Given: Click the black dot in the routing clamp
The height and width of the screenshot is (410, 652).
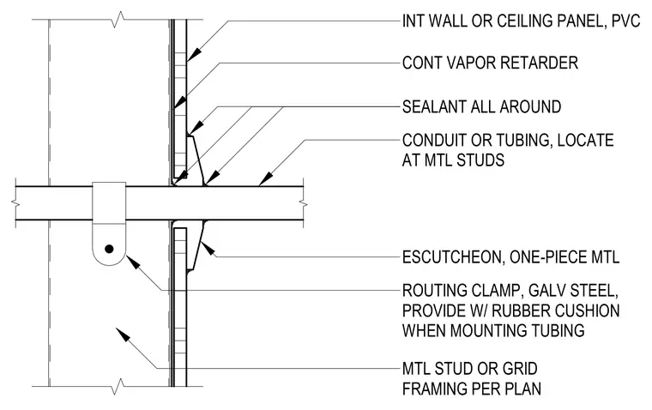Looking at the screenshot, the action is (109, 249).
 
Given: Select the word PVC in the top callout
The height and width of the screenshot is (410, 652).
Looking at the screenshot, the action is (626, 21).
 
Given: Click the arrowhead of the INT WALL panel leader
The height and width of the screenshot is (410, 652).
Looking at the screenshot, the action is (194, 55).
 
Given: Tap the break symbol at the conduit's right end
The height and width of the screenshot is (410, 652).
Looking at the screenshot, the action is (304, 203).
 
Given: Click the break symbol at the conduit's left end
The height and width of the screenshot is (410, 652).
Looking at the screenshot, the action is (15, 203).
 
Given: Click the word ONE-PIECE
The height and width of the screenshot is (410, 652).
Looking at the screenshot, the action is (546, 257).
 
